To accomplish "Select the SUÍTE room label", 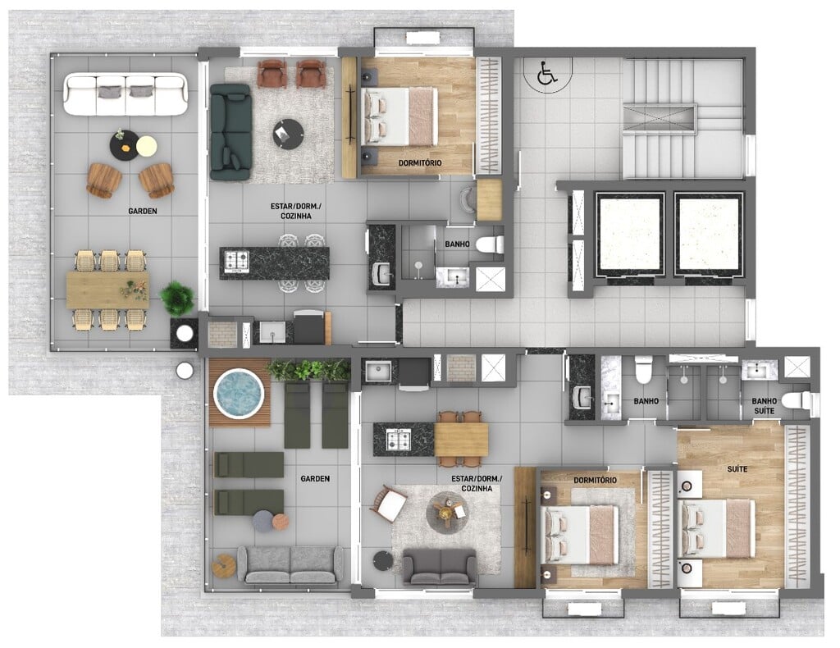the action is (x=737, y=469).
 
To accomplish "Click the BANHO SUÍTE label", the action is (x=764, y=406).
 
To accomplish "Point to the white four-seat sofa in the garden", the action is (x=126, y=95).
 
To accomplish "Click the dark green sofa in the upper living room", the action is (x=231, y=132).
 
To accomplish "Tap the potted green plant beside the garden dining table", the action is (x=177, y=299).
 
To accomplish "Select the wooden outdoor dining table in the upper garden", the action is (x=107, y=290).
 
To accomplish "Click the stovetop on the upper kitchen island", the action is (x=236, y=262).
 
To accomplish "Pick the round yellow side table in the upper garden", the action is (x=146, y=146).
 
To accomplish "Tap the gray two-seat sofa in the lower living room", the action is (x=440, y=567).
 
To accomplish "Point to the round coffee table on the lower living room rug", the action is (x=445, y=512).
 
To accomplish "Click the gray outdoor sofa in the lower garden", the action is (x=291, y=564).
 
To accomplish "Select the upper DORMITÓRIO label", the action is (x=420, y=162).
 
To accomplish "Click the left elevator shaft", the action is (x=630, y=234).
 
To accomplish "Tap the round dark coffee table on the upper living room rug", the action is (x=288, y=134).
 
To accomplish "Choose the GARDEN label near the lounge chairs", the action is (x=315, y=479).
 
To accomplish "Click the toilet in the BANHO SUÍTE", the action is (x=796, y=400).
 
